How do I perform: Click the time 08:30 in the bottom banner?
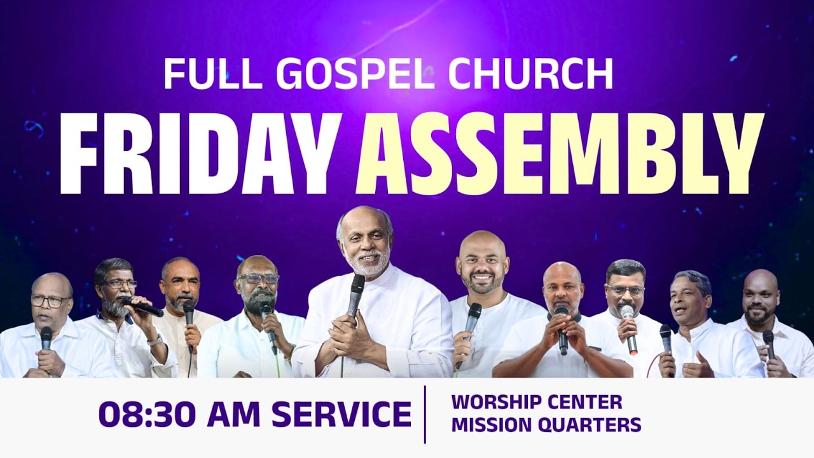tap(149, 414)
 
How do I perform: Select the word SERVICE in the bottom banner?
tap(341, 414)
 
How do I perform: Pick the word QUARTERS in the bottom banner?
tap(591, 424)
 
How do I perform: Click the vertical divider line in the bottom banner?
tap(425, 414)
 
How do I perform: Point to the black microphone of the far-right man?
tap(768, 338)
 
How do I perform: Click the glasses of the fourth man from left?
tap(259, 279)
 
